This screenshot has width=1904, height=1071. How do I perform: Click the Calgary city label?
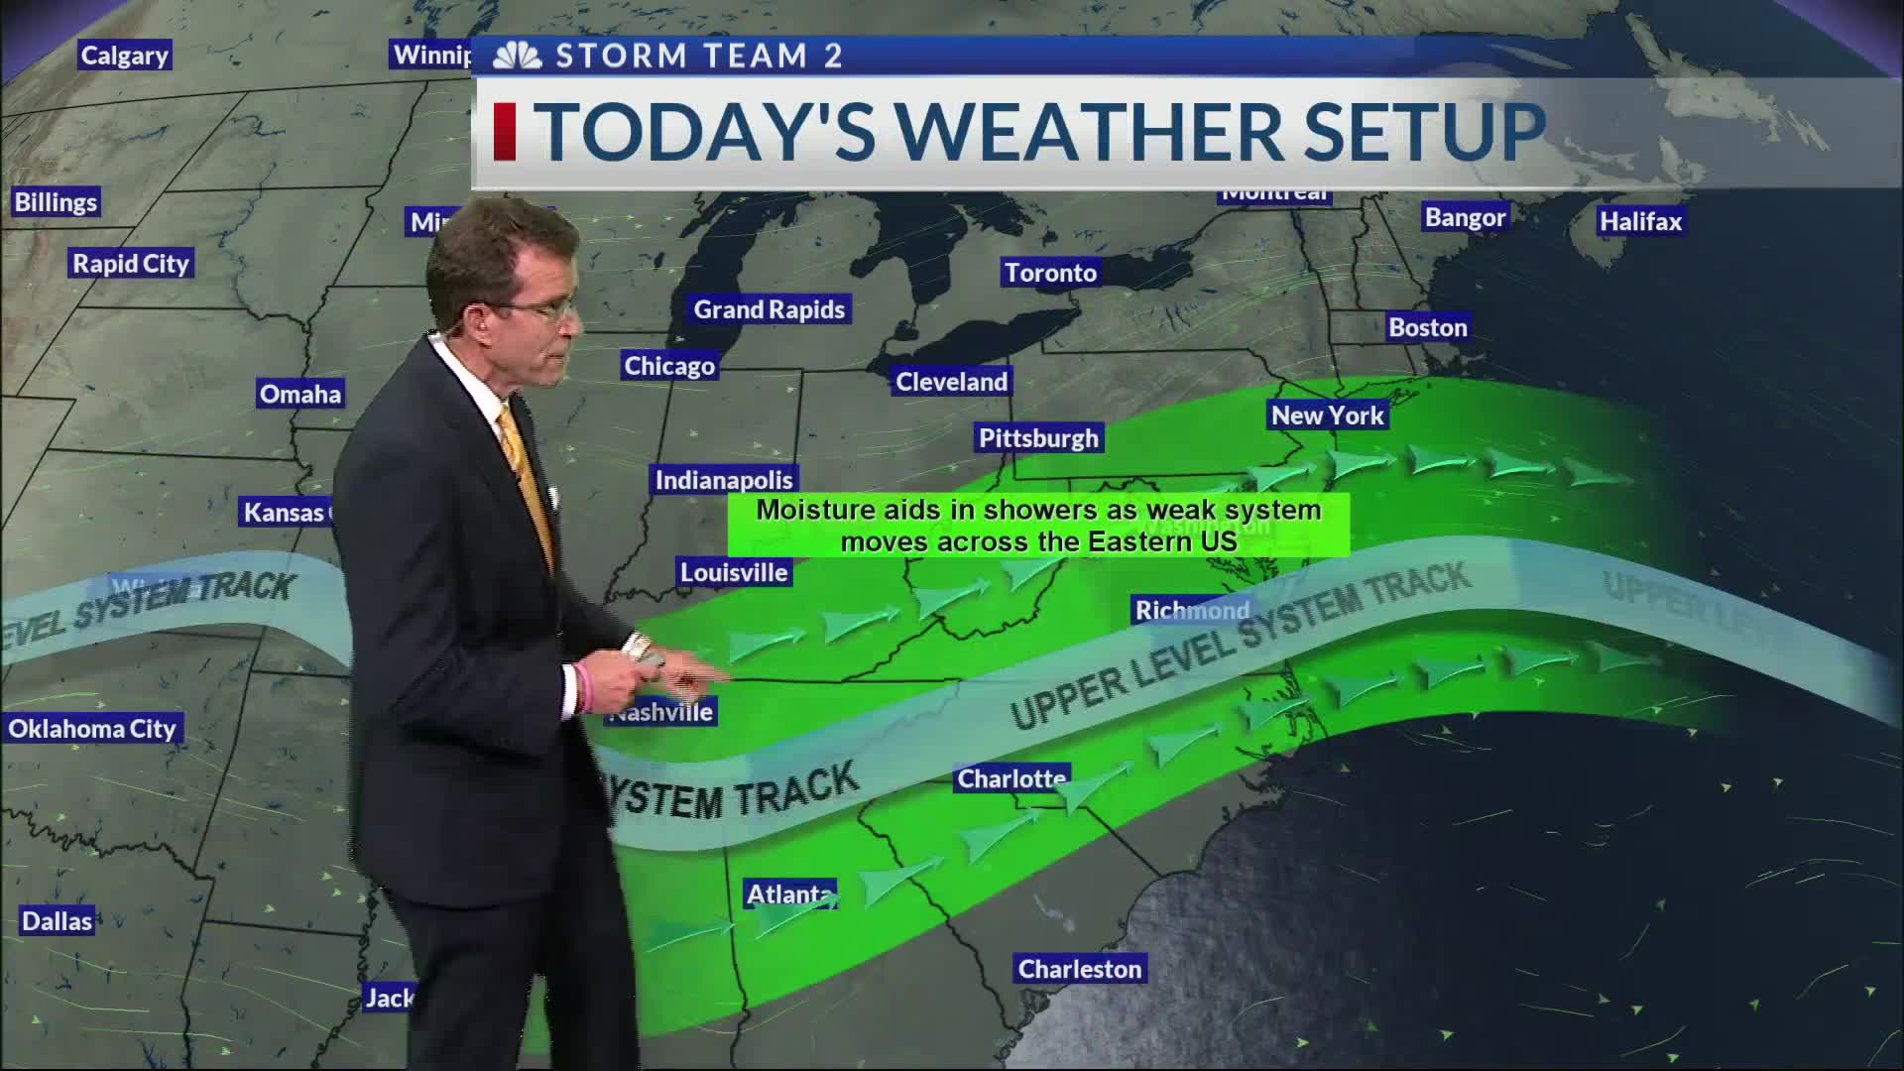(x=124, y=56)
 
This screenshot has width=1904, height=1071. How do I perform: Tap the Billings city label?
(x=56, y=202)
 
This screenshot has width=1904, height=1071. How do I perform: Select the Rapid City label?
(x=130, y=264)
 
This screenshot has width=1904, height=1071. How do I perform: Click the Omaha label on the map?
(x=299, y=394)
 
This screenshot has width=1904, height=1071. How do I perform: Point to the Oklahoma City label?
(x=92, y=729)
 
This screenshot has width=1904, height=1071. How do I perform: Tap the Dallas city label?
(x=58, y=921)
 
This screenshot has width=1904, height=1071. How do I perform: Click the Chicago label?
(x=669, y=366)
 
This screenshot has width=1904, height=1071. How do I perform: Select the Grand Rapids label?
(x=769, y=309)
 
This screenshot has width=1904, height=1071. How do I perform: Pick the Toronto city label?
(x=1050, y=273)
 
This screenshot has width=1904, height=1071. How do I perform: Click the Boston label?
(x=1427, y=327)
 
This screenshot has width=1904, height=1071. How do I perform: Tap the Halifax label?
(x=1640, y=221)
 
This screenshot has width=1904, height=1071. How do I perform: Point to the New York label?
(x=1327, y=415)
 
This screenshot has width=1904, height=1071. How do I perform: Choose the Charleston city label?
(x=1080, y=969)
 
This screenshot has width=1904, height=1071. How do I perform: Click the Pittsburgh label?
(x=1038, y=438)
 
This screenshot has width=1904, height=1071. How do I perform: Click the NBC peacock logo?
(x=517, y=56)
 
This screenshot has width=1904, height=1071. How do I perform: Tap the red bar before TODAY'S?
(x=505, y=131)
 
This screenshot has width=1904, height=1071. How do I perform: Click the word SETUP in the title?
(x=1424, y=132)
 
